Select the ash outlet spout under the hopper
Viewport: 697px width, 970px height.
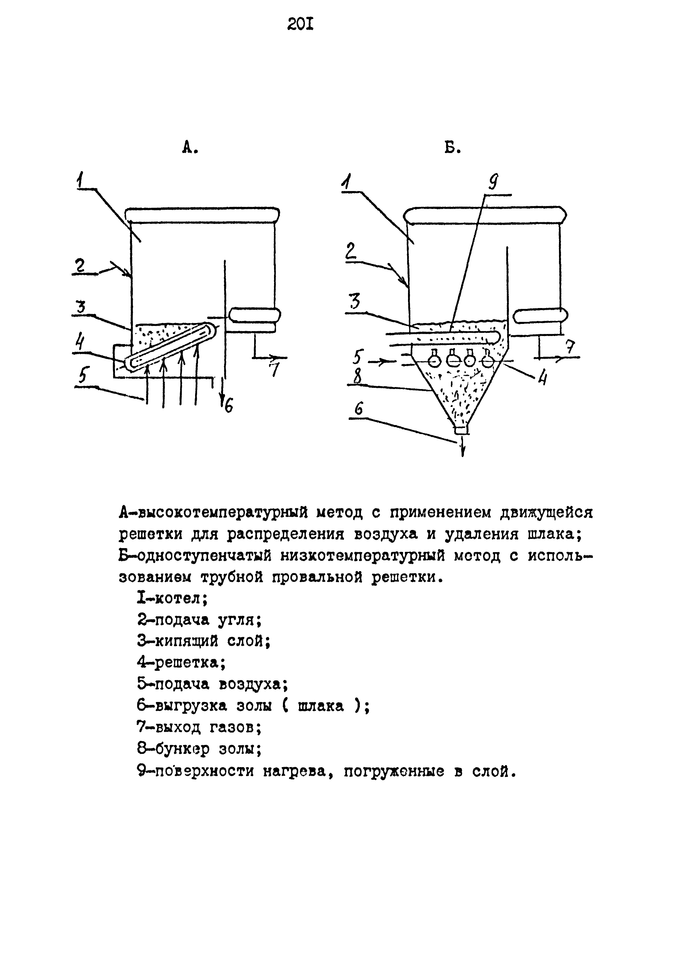pos(461,429)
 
